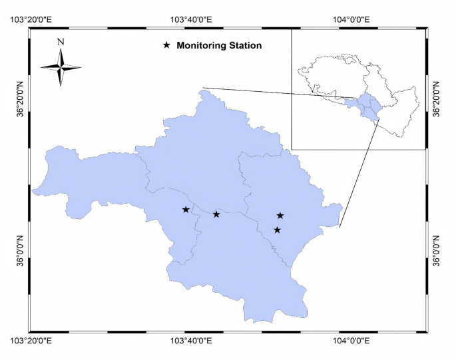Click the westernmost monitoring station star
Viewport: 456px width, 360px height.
click(x=186, y=210)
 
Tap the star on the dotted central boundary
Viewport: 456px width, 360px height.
click(x=216, y=214)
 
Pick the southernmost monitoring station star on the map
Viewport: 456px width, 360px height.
click(x=278, y=230)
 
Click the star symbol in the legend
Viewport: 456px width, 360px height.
click(x=167, y=46)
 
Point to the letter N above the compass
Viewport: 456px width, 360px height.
click(x=61, y=42)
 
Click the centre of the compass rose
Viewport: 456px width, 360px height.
click(x=61, y=67)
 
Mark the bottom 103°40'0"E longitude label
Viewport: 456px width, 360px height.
click(x=191, y=341)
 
